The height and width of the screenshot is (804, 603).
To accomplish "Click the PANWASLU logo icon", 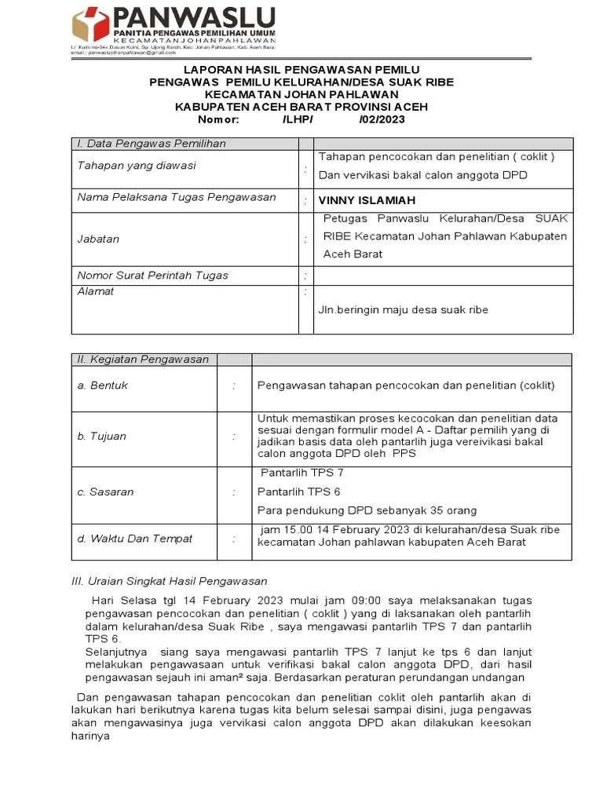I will (91, 24).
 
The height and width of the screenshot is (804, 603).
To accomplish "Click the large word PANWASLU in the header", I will (193, 16).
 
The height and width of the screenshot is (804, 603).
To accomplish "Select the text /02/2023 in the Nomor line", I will (382, 119).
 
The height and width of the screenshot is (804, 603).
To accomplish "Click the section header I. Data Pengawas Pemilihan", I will (151, 144).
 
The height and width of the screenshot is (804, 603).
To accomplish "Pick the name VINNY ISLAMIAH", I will (367, 200).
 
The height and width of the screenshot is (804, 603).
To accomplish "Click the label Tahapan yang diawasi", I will (137, 166).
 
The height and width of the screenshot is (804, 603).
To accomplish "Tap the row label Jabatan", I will (98, 239).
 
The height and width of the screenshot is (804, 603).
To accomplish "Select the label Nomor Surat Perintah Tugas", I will (152, 275).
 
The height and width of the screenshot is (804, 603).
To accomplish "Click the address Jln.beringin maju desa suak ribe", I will (403, 309).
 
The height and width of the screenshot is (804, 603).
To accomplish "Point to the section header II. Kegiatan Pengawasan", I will (143, 360).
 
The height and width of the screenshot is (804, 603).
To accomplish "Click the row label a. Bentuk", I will (102, 386).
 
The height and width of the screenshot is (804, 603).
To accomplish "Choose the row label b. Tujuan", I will (101, 437).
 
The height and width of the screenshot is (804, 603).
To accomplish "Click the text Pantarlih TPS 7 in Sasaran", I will (301, 473).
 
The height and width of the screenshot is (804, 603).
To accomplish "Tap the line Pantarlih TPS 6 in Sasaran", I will (299, 492).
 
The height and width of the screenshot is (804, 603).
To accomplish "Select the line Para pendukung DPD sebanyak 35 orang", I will (355, 509).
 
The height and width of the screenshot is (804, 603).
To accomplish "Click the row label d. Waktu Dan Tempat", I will (134, 539).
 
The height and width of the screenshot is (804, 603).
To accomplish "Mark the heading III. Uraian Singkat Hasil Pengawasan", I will (169, 581).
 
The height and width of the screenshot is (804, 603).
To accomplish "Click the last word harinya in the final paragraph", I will (90, 736).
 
